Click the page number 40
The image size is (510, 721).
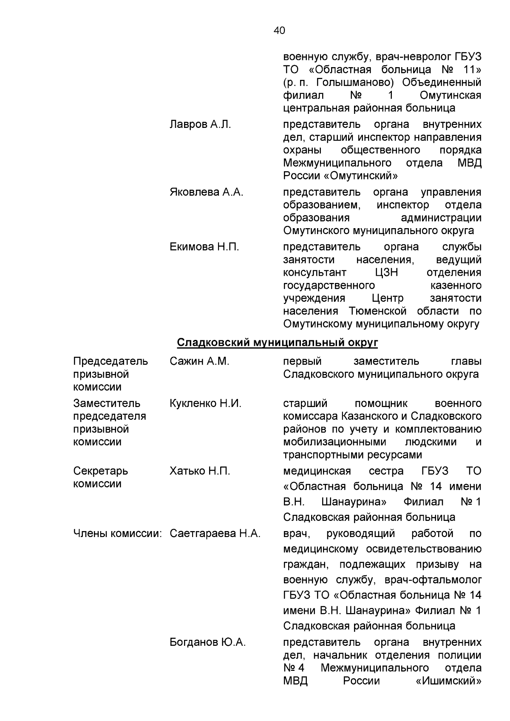coord(280,31)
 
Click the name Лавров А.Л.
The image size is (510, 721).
coord(200,124)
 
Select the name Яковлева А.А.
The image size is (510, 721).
coord(206,192)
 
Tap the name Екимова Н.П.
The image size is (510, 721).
coord(204,247)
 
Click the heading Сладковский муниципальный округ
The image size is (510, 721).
coord(277,342)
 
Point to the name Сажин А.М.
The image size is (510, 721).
coord(199,362)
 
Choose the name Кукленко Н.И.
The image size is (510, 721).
coord(205,404)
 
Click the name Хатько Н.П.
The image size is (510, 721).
coord(200,471)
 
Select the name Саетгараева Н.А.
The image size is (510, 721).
coord(215,534)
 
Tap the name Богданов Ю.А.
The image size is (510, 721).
coord(207,642)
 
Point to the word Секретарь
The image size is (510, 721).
coord(100,471)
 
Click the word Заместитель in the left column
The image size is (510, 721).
coord(107,404)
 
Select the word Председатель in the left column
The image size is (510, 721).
coord(110,362)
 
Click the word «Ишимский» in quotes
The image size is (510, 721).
coord(448,681)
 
